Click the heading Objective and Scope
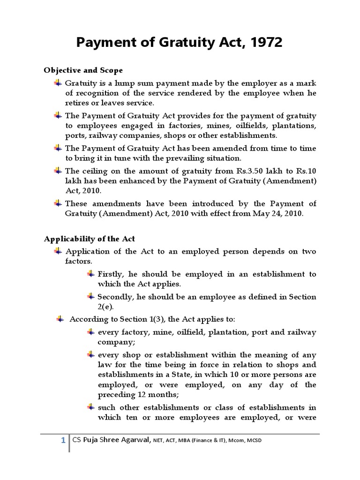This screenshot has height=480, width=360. pyautogui.click(x=83, y=70)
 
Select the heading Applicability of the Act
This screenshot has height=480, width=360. pyautogui.click(x=89, y=239)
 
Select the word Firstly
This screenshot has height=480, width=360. pyautogui.click(x=110, y=274)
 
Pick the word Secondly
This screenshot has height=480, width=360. pyautogui.click(x=114, y=297)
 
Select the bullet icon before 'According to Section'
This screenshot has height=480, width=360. pyautogui.click(x=60, y=319)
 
